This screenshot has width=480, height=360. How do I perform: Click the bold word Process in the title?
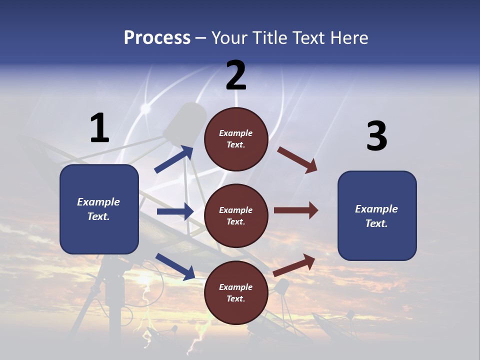pos(157,37)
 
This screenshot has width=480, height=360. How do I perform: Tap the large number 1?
pos(99,128)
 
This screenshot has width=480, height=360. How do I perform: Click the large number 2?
pos(236,75)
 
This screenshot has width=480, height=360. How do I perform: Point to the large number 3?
pos(376,136)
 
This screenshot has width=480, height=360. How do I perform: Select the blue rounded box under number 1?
pos(99,209)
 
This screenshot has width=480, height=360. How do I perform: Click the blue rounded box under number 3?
pos(377,216)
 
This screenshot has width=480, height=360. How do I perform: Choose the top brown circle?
pos(236,139)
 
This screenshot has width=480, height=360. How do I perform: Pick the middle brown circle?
pos(236,216)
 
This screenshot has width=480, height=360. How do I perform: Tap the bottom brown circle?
pos(236,293)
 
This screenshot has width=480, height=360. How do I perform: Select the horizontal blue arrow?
pos(175,211)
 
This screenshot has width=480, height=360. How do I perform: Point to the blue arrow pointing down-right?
pos(175,266)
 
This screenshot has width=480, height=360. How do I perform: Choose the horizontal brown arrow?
pos(296,210)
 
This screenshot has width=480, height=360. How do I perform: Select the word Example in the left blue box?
pos(98,202)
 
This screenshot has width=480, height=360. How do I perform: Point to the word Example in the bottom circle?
pos(235,287)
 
